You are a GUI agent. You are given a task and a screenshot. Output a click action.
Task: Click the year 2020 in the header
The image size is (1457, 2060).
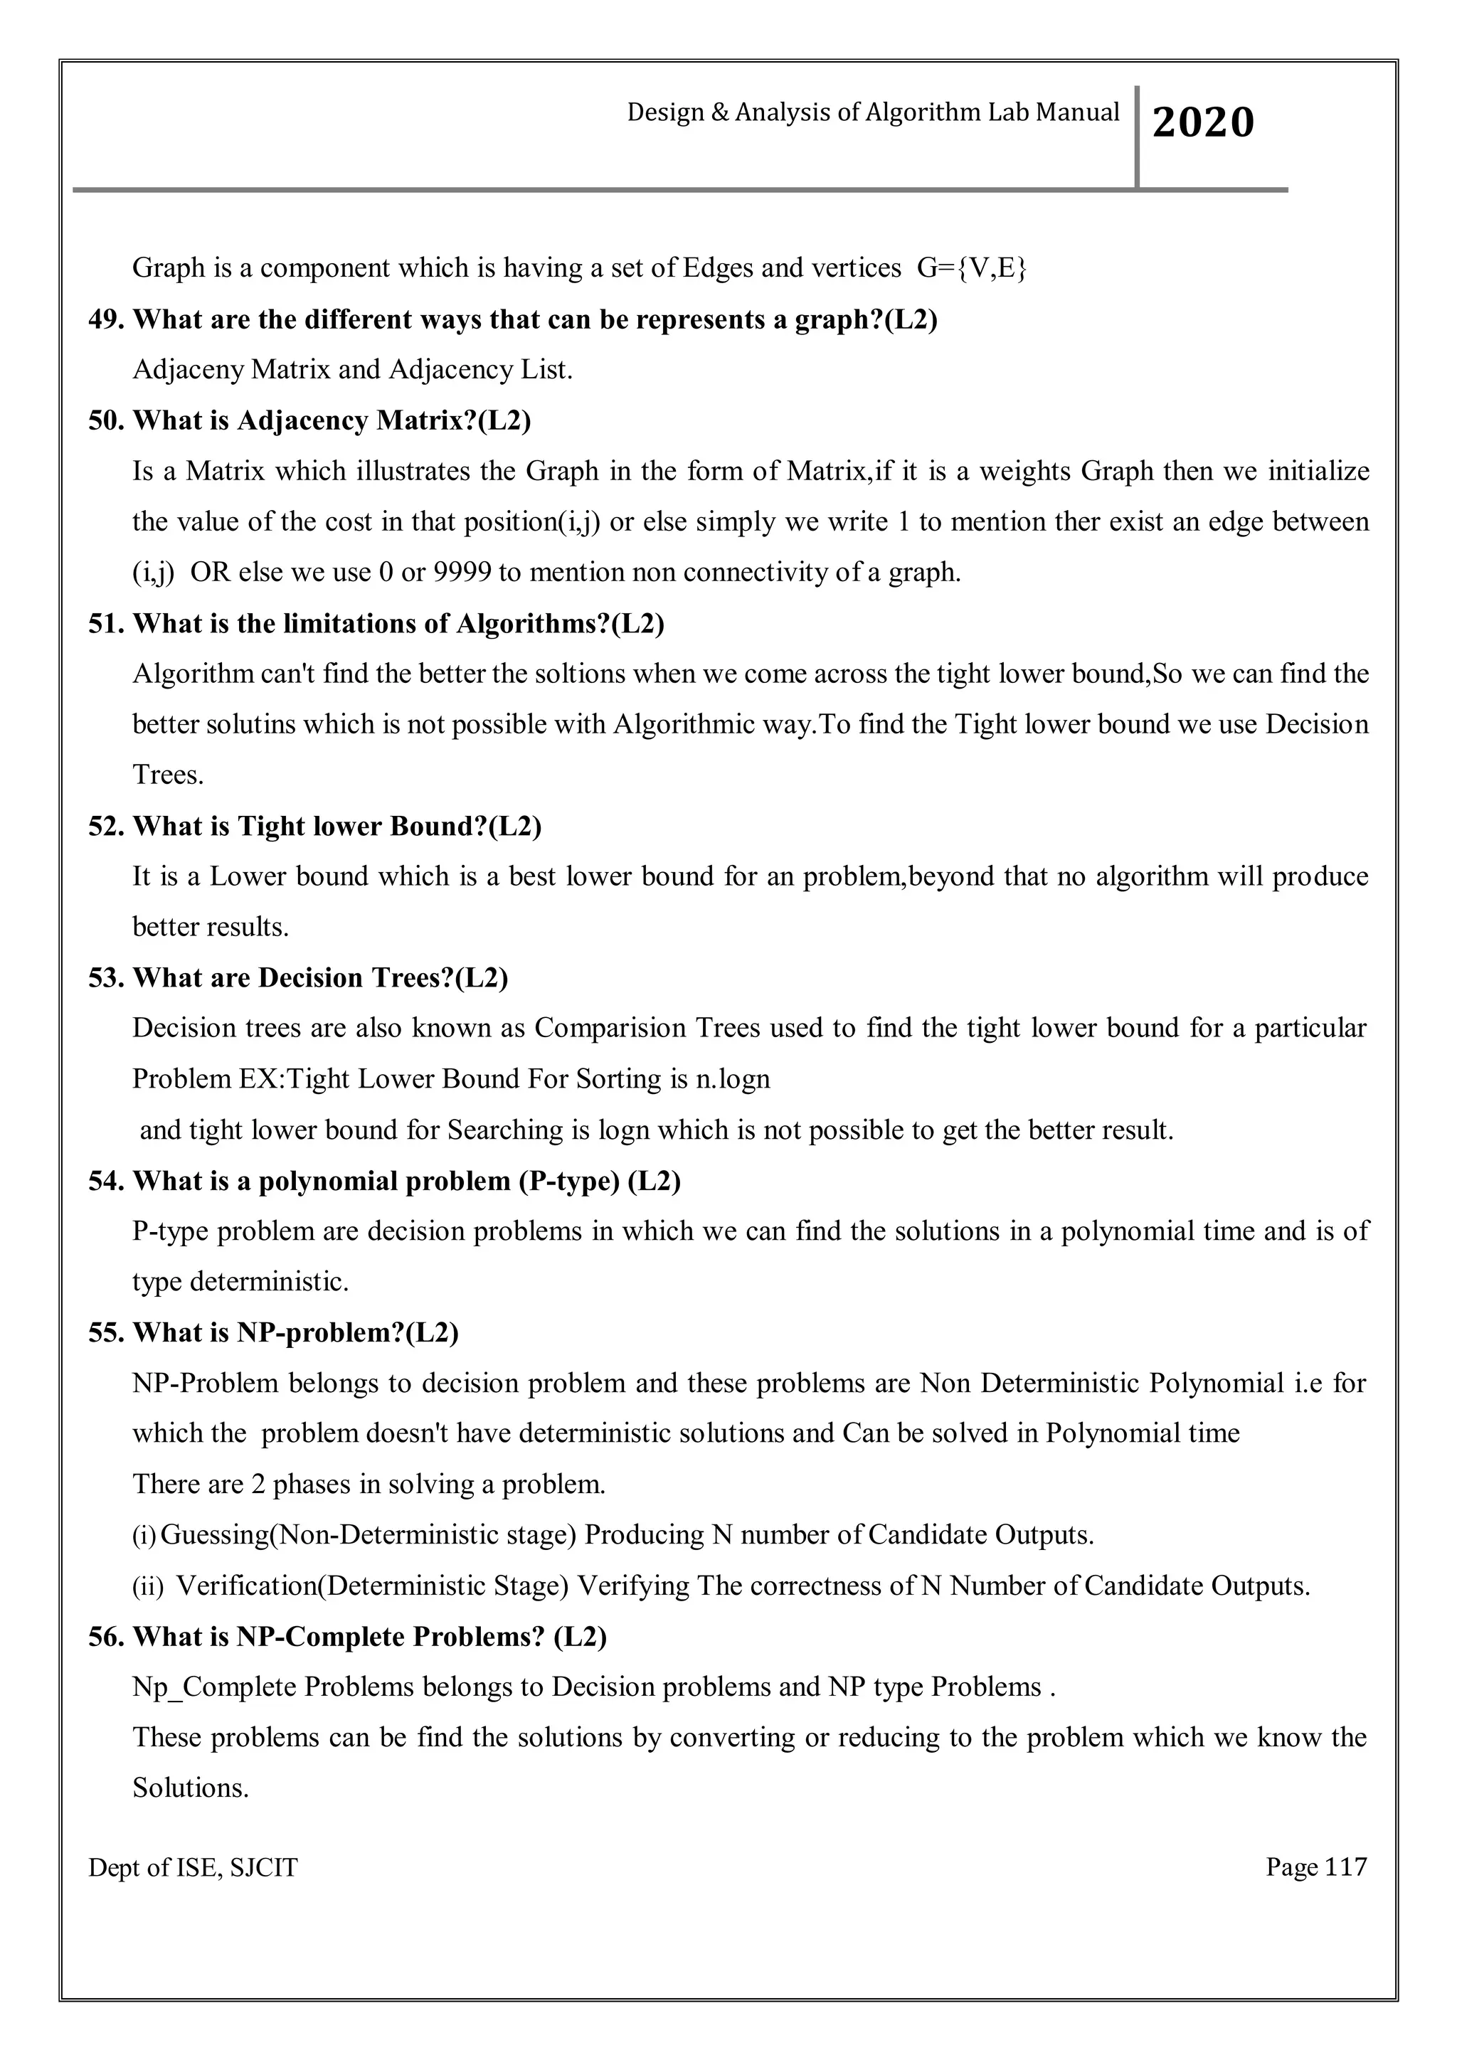(1202, 123)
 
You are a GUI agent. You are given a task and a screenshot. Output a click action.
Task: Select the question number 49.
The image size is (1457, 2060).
(106, 319)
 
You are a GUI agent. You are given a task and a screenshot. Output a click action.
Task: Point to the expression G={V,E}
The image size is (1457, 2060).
(972, 267)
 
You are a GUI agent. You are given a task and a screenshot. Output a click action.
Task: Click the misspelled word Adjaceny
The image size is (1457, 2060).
(188, 370)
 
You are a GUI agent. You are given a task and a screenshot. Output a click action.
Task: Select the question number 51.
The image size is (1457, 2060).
(106, 624)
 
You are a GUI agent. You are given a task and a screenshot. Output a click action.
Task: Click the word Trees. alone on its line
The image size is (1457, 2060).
(169, 775)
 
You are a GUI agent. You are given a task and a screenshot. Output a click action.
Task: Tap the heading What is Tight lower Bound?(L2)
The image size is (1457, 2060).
(337, 827)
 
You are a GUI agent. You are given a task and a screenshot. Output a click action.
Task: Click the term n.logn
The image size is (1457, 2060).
(733, 1078)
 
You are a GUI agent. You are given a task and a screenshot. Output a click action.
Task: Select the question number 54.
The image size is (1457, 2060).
(106, 1181)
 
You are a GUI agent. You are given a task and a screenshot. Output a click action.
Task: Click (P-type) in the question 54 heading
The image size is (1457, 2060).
(569, 1181)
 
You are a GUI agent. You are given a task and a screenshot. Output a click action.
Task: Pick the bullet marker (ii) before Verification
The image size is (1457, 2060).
(148, 1586)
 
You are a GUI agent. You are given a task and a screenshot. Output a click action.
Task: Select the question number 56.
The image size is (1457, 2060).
(106, 1637)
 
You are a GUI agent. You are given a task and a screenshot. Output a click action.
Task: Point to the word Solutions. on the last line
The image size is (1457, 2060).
(190, 1788)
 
